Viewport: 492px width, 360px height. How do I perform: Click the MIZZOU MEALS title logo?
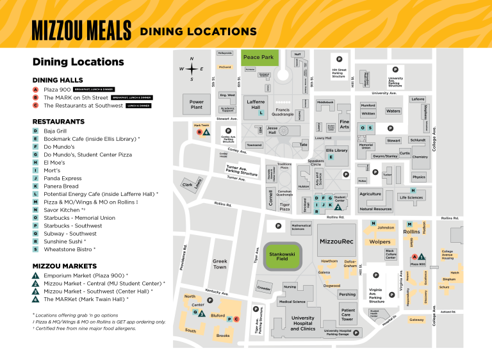point(81,30)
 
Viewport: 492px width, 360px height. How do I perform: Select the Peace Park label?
point(258,58)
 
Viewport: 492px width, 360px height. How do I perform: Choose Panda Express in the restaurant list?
point(62,178)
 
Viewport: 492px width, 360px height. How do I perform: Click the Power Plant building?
point(197,104)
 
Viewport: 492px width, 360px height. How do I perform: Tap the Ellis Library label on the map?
point(336,151)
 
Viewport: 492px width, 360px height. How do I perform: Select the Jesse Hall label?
point(272,130)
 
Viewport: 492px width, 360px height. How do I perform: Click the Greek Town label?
point(220,264)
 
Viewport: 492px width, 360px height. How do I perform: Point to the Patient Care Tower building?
point(347,315)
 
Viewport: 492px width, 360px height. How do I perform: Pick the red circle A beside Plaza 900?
point(36,89)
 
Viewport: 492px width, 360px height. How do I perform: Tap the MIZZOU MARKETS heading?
point(64,266)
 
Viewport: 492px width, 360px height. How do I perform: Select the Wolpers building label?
point(380,242)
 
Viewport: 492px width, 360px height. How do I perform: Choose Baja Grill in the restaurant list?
point(54,131)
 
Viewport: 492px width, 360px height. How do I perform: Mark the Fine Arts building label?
point(344,124)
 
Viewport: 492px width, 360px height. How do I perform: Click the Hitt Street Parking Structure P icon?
point(339,60)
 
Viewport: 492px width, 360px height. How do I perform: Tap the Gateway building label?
point(416,320)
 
